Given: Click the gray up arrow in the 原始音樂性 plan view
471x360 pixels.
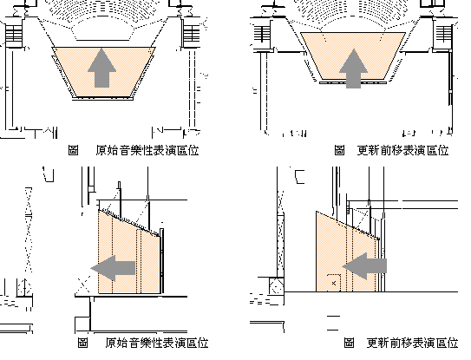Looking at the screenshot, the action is (x=101, y=68).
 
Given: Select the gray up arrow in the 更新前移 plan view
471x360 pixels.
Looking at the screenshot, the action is (x=353, y=69).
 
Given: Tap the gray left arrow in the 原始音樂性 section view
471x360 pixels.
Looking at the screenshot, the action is (x=113, y=268).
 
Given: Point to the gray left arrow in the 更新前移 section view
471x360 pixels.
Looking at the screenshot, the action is (x=364, y=266).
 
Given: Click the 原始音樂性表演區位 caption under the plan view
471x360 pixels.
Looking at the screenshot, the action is (x=147, y=150).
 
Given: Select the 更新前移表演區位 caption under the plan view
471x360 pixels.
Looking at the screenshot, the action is (x=402, y=150).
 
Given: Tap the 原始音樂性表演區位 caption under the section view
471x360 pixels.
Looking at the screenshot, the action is (x=157, y=343).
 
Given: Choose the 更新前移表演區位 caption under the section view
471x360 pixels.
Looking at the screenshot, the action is (x=412, y=343).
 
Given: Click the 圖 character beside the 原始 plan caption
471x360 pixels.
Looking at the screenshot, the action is (x=73, y=150).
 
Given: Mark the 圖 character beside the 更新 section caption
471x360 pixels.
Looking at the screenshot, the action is (x=349, y=343).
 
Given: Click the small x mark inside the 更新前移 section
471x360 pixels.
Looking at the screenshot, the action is (x=334, y=283).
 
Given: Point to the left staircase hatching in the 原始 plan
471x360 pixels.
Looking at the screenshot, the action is (x=14, y=34).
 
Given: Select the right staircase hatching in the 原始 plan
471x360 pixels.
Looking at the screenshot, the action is (x=192, y=34).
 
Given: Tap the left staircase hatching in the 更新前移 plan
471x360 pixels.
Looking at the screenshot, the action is (x=263, y=34).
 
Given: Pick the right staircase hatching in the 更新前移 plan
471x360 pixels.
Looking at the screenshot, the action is (x=444, y=34).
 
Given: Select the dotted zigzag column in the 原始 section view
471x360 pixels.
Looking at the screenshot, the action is (x=29, y=230).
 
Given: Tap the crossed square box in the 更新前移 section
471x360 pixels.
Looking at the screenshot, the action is (x=277, y=285).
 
